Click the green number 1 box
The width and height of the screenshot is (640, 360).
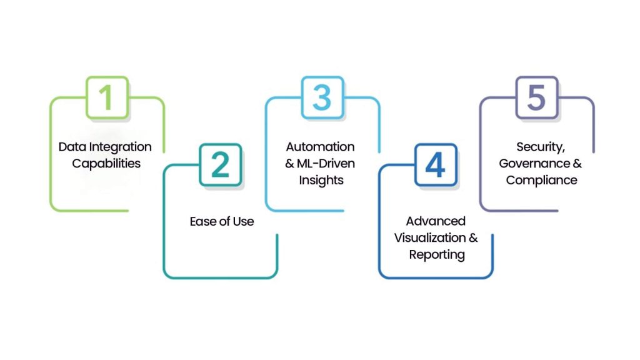[x=107, y=97]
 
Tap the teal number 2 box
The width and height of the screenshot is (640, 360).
[x=220, y=165]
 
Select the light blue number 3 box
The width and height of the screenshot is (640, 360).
[x=322, y=97]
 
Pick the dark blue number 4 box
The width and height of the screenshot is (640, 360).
[x=435, y=165]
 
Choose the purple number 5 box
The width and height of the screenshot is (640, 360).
[x=536, y=97]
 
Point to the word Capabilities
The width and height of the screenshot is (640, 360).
[x=106, y=164]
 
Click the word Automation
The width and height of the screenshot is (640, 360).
[x=320, y=147]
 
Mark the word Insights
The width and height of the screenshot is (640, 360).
[x=320, y=181]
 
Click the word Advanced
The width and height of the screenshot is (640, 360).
[x=436, y=221]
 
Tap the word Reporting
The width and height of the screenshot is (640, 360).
[x=437, y=255]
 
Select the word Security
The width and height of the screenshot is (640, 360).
[x=539, y=147]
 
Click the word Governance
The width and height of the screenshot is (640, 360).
[x=533, y=164]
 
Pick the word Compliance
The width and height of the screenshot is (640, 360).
[x=541, y=181]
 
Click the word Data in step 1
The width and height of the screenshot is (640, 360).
[x=71, y=147]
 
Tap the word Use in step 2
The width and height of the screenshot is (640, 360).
[x=243, y=221]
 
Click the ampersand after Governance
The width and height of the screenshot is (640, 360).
[x=577, y=164]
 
